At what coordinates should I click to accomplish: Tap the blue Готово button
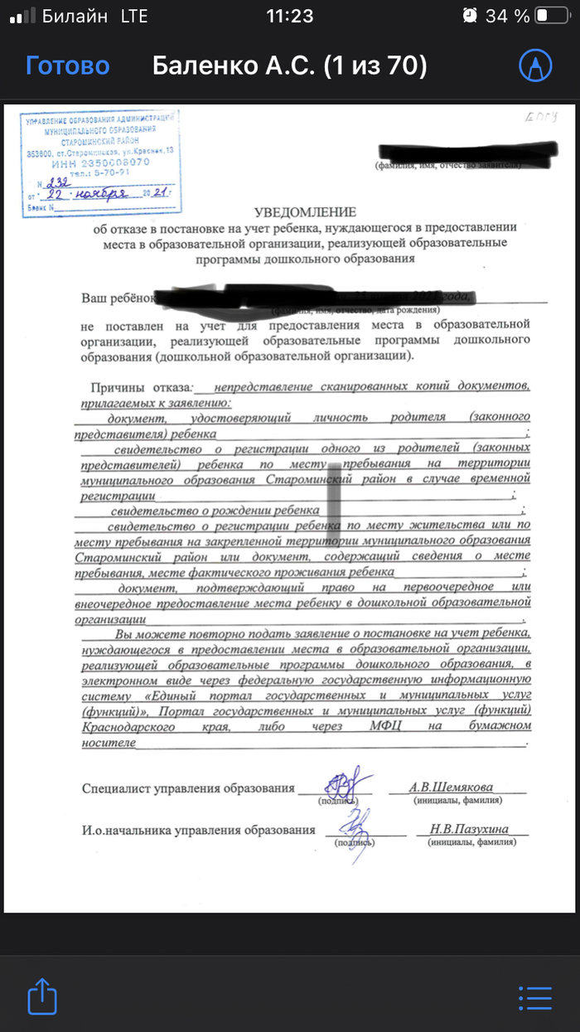tap(67, 65)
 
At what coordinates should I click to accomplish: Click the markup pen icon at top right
tap(534, 65)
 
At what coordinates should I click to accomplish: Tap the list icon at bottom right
tap(534, 997)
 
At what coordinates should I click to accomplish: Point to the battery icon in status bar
tap(552, 16)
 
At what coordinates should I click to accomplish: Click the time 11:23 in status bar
tap(289, 16)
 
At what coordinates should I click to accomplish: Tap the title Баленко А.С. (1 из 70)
tap(289, 65)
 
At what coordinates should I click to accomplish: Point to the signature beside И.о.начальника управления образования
tap(357, 826)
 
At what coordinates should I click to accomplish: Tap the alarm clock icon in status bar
tap(470, 16)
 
